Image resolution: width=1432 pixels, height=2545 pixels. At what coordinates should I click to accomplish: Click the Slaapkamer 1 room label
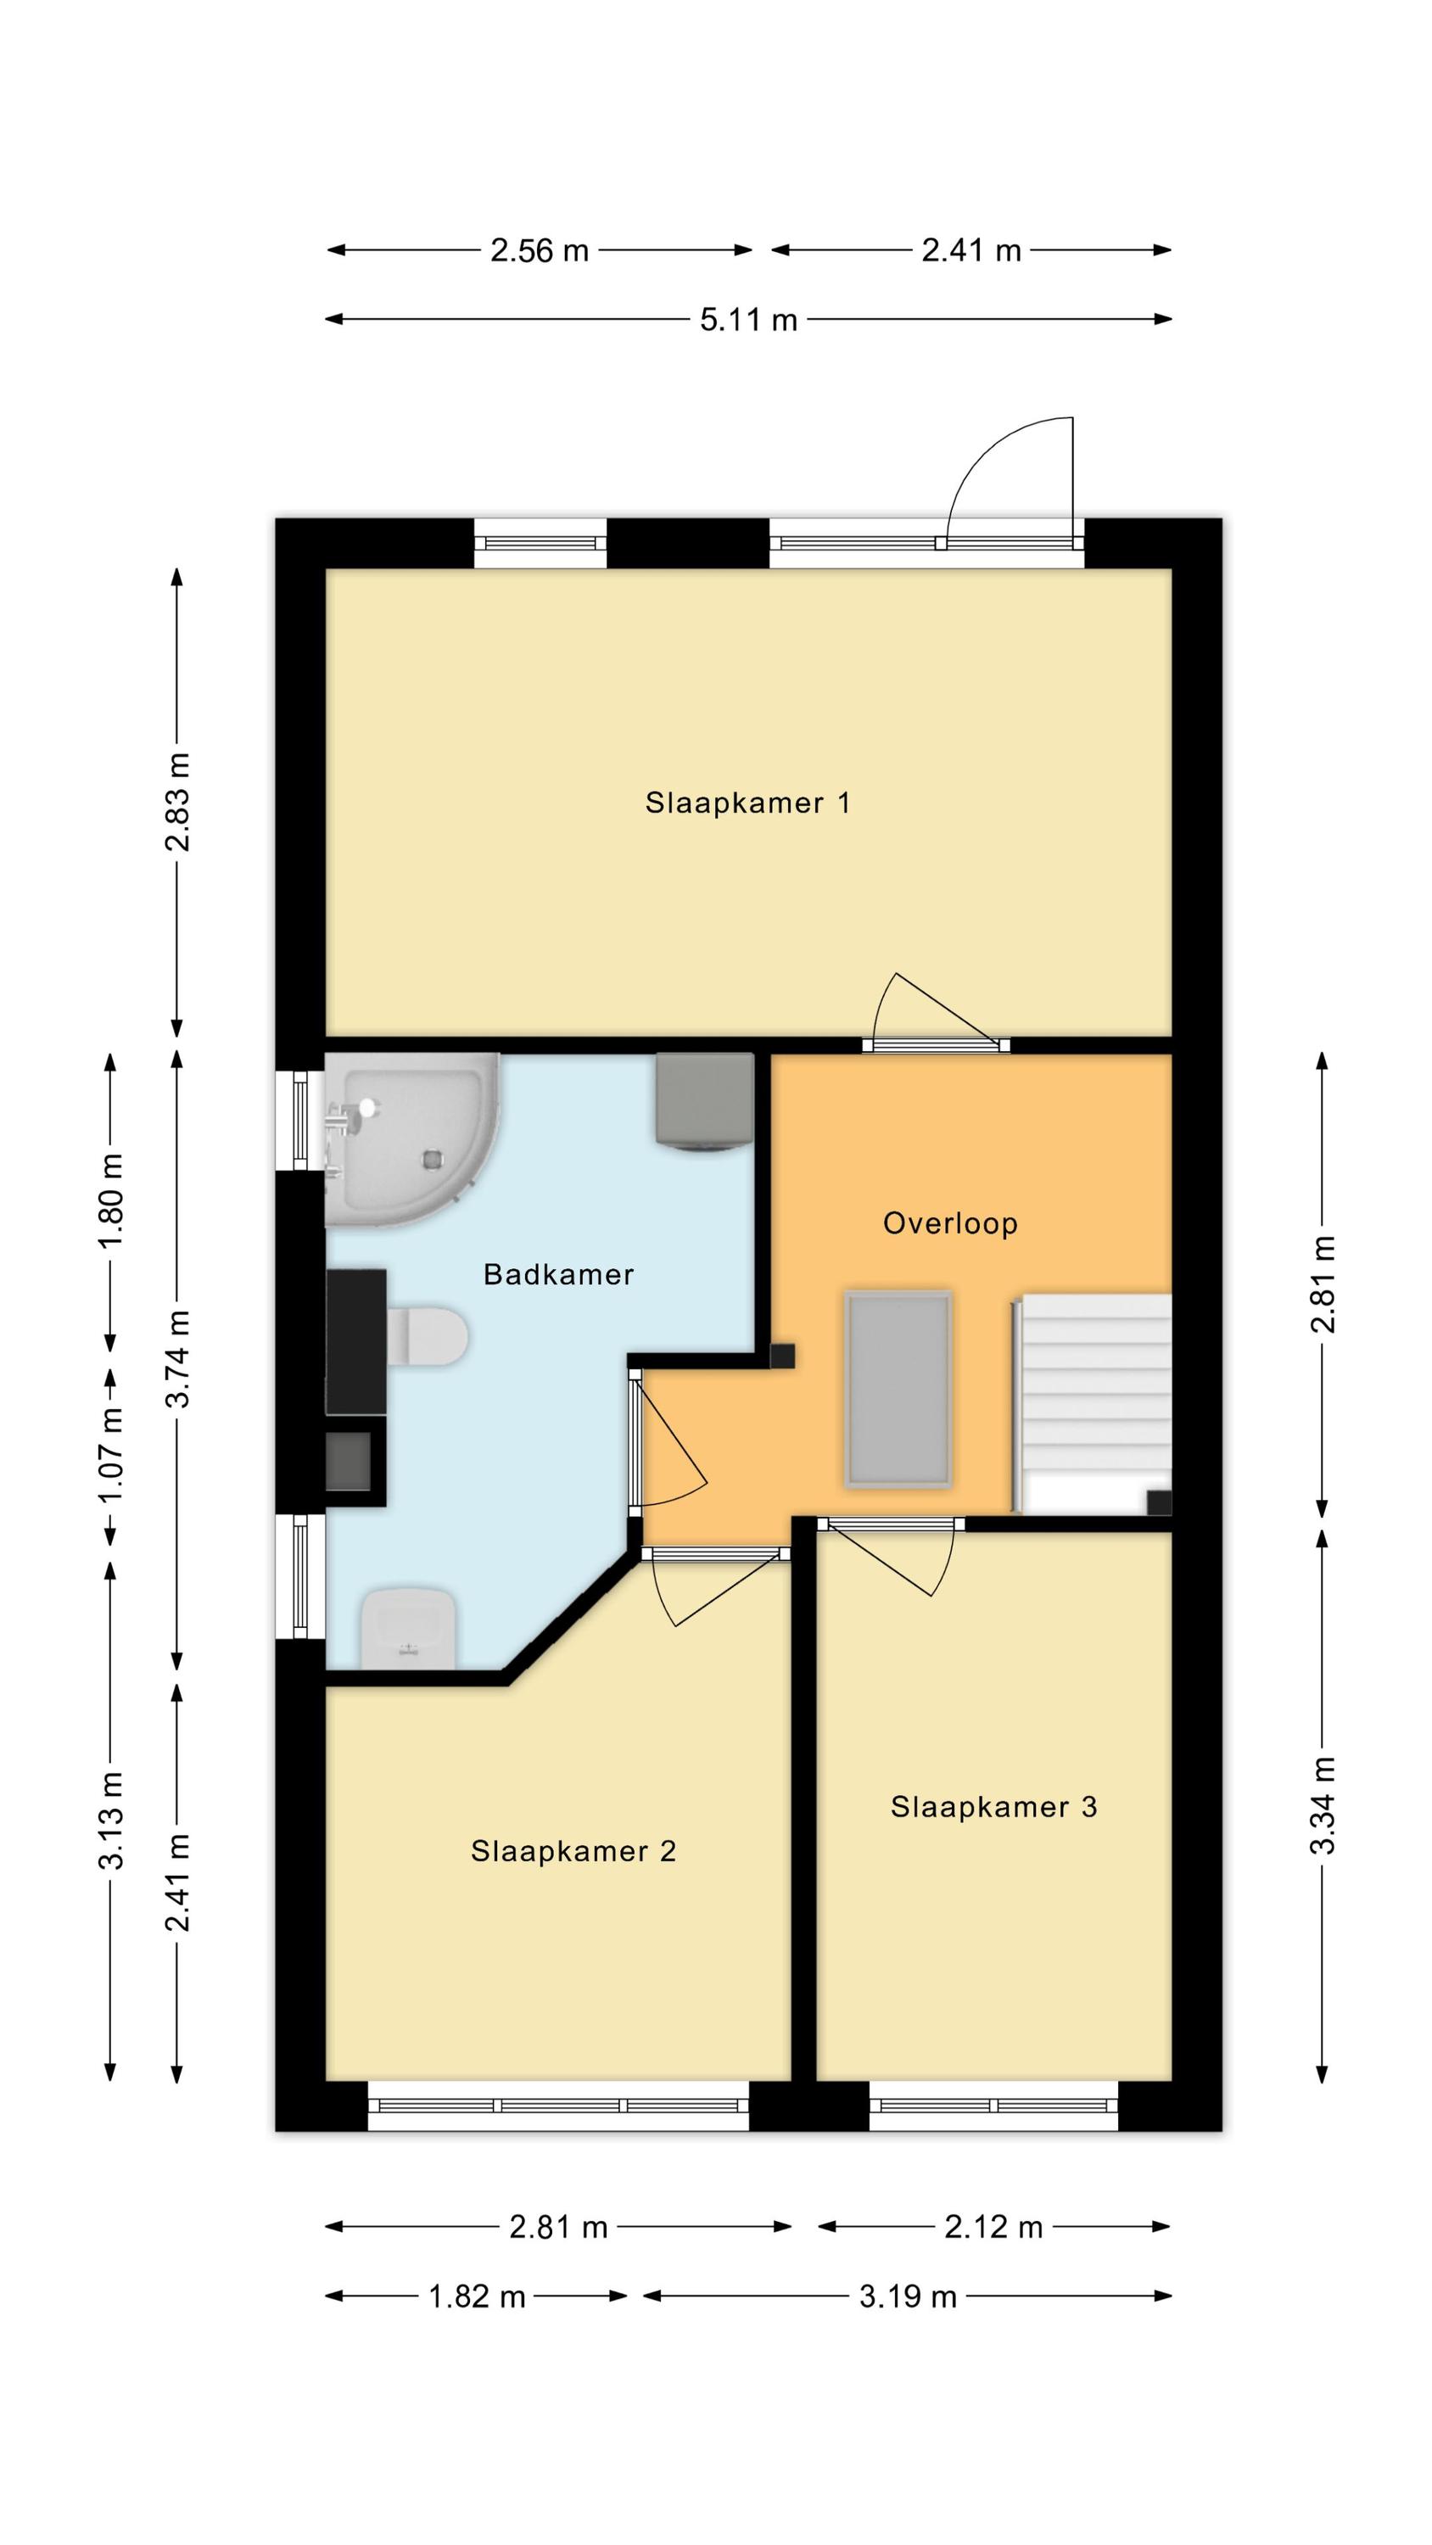(x=747, y=803)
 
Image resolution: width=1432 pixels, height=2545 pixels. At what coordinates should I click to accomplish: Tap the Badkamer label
(x=558, y=1274)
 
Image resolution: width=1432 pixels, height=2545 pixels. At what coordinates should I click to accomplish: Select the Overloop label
(x=950, y=1223)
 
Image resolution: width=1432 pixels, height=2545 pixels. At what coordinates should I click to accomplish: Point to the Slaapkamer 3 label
(x=993, y=1807)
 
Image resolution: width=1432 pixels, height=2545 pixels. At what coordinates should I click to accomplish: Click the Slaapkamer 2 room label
(x=573, y=1850)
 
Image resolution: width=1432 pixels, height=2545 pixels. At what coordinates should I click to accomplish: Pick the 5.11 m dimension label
(x=748, y=320)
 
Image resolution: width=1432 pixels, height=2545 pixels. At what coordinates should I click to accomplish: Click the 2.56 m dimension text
(x=540, y=251)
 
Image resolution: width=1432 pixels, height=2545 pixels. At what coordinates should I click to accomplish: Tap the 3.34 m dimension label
(x=1323, y=1804)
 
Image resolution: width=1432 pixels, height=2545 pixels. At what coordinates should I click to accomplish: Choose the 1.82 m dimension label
(x=477, y=2296)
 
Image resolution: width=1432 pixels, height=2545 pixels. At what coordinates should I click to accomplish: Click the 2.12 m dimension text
(x=993, y=2227)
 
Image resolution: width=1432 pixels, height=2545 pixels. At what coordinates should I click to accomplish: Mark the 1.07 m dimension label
(x=110, y=1453)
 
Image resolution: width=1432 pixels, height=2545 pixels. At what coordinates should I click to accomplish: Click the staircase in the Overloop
(x=1092, y=1403)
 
